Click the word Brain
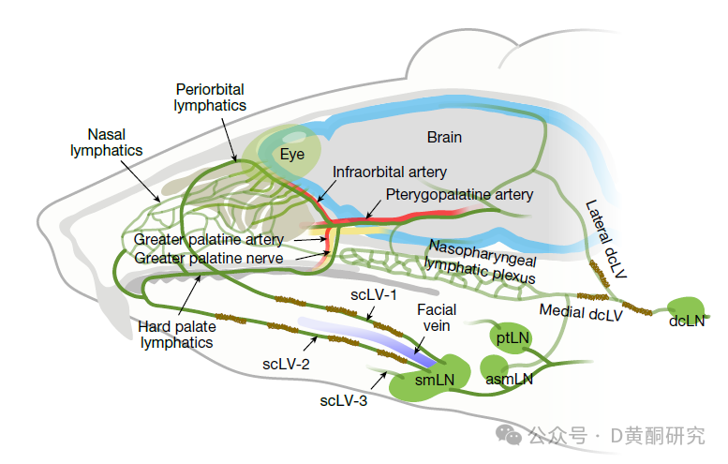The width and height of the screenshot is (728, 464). coord(444,137)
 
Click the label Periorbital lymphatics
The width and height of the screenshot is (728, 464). coord(210,97)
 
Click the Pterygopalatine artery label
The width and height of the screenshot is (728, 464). coord(460,195)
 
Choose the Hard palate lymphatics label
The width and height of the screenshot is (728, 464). coord(175,335)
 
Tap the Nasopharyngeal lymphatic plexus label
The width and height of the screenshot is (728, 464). coord(481,262)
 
